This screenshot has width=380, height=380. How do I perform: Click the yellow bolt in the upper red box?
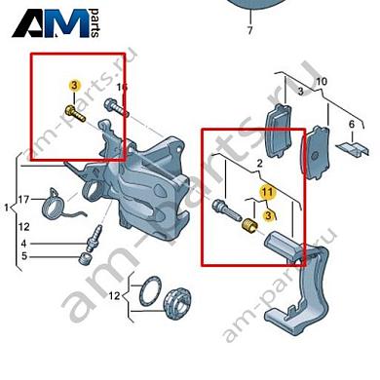point(75,113)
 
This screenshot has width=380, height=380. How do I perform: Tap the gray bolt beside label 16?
point(116,107)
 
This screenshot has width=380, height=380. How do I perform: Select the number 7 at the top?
point(249,30)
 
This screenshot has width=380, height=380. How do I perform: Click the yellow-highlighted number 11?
point(267,192)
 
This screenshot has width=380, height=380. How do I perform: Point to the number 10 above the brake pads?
point(322,81)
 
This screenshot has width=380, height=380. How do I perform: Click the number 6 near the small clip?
point(352,125)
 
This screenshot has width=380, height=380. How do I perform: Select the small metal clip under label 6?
point(354,148)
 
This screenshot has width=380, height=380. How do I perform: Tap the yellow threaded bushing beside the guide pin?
point(250,226)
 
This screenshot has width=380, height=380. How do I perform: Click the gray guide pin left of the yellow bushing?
point(227,211)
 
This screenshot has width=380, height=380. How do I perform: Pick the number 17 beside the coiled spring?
point(23,199)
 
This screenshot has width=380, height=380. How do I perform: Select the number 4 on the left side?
point(23,244)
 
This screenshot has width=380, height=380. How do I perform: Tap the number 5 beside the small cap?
point(24,256)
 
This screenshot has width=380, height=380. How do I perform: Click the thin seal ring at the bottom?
point(150,291)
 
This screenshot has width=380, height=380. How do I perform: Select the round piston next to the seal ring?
point(177,302)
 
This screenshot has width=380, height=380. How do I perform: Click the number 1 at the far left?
point(6,208)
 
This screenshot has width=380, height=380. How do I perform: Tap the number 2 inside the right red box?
point(259,164)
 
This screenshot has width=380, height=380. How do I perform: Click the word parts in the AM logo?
point(95,22)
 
